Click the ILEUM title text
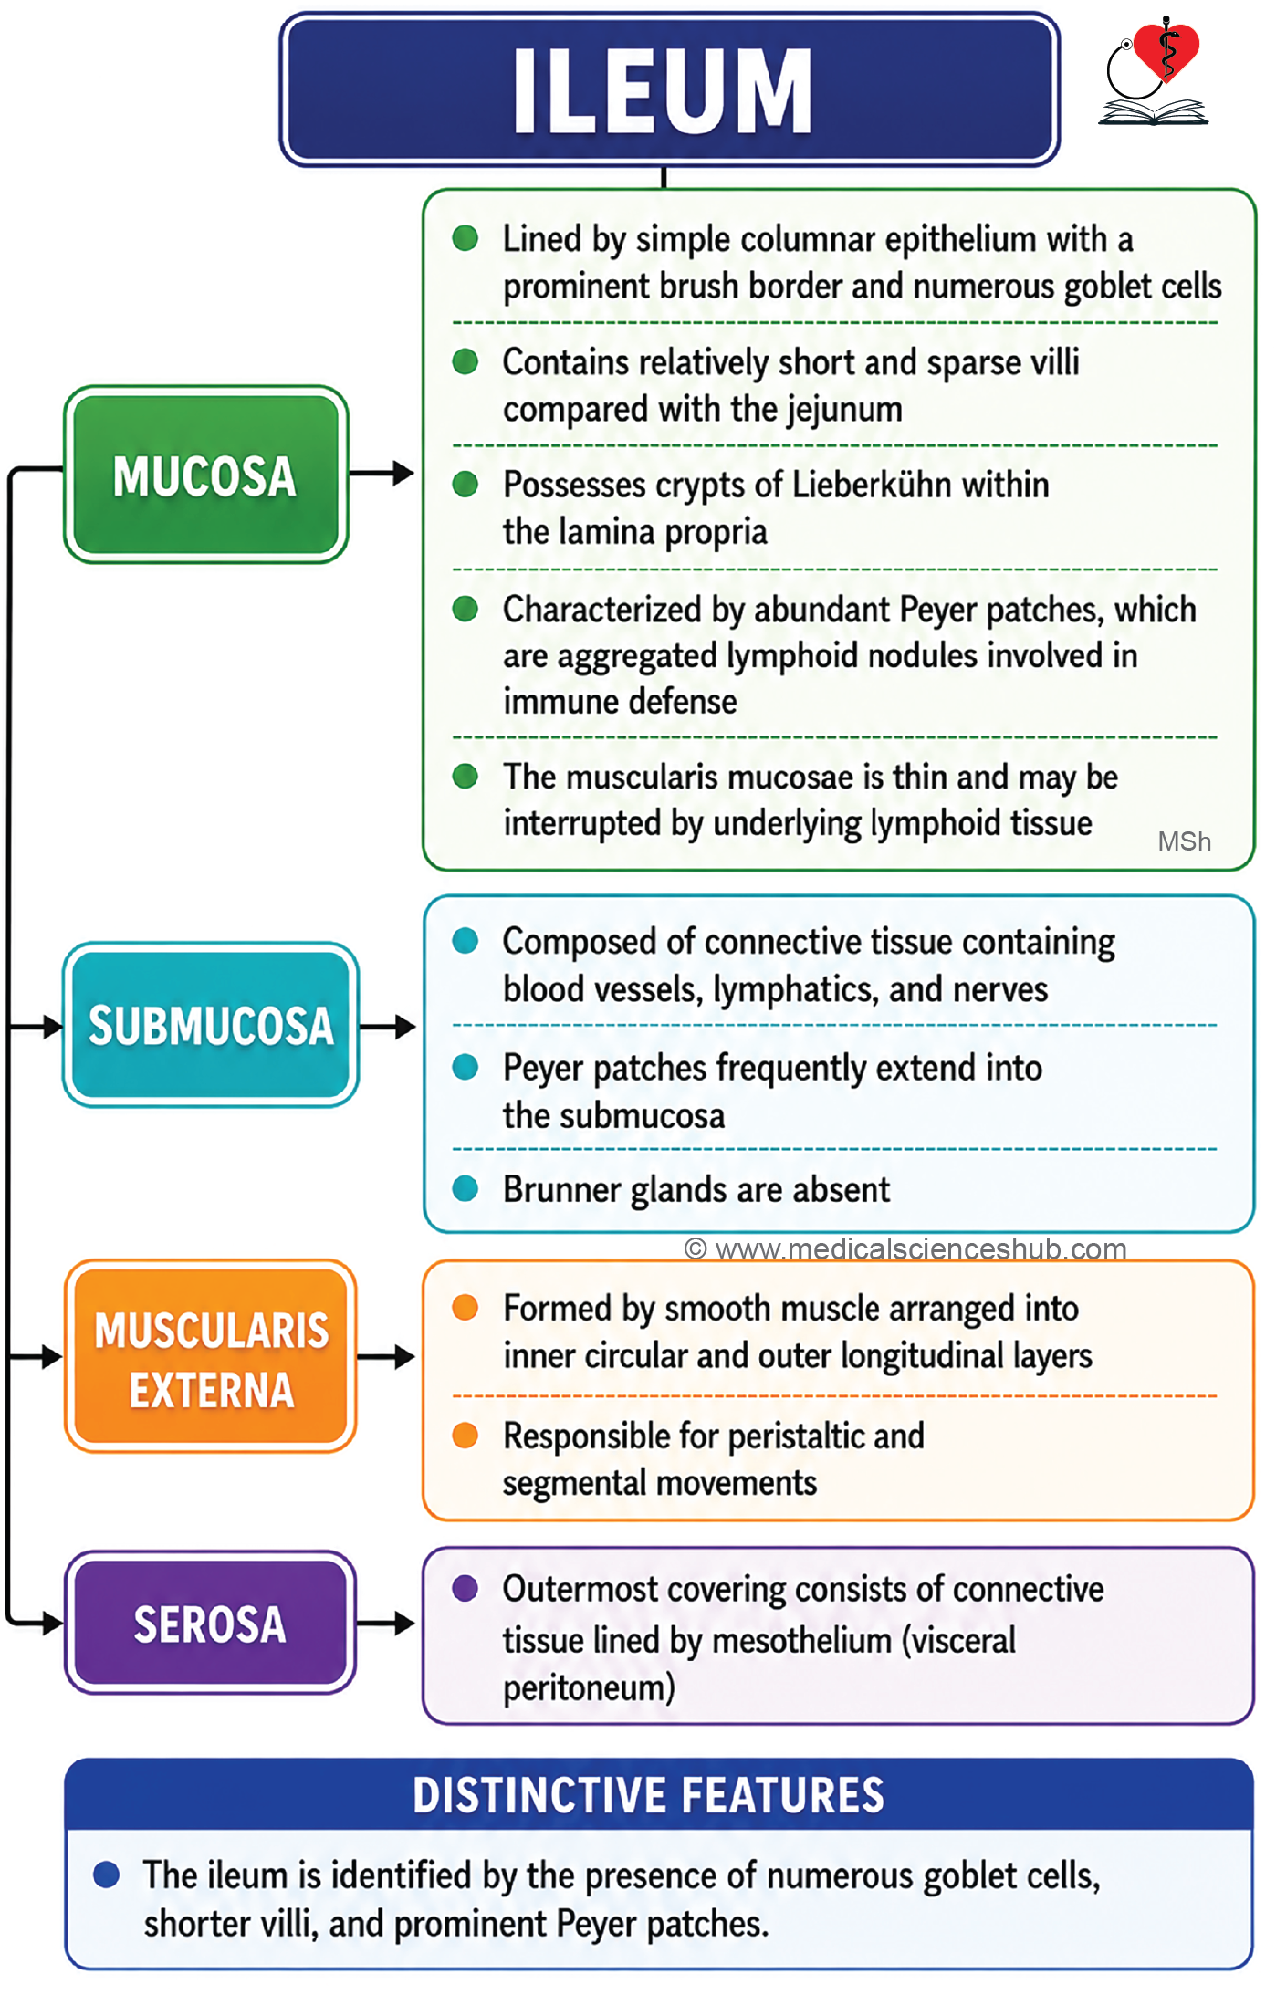(x=662, y=90)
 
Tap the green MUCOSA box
(x=205, y=475)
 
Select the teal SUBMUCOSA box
(x=210, y=1025)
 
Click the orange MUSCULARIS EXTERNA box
(x=210, y=1356)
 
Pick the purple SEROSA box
(x=210, y=1623)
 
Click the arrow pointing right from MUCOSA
(x=382, y=473)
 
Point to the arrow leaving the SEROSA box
(x=385, y=1624)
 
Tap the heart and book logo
(x=1154, y=70)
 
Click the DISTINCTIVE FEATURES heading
(x=648, y=1795)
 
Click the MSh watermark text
(x=1184, y=841)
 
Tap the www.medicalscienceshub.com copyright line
(x=905, y=1248)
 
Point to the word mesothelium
(x=801, y=1640)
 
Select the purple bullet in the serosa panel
(x=465, y=1588)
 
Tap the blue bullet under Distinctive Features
(x=107, y=1875)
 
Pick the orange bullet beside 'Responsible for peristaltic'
(x=465, y=1435)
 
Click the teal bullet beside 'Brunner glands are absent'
(x=465, y=1188)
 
